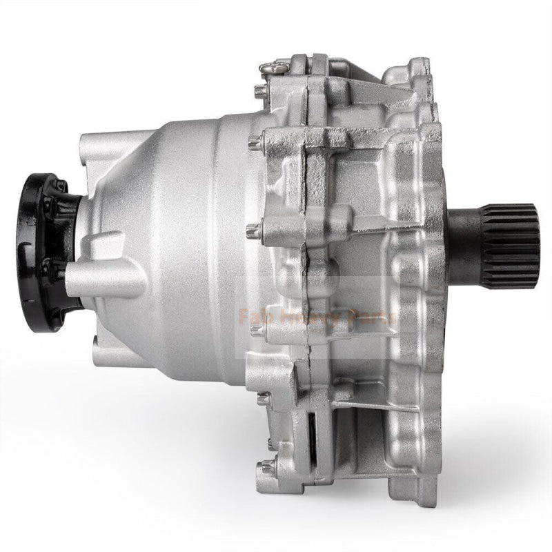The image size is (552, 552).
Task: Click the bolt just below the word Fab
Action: (257, 331)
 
